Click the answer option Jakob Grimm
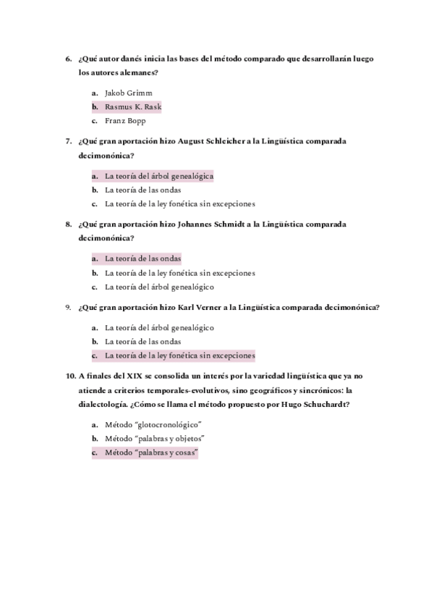coord(129,93)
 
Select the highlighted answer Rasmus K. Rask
coord(133,107)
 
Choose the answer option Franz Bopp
coord(125,121)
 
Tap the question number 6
coord(68,59)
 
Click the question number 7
coord(68,141)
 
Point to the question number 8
coord(68,224)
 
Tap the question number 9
coord(68,307)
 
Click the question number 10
coord(69,376)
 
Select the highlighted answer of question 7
coord(159,176)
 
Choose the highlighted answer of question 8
coord(142,258)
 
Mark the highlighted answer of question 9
coord(179,356)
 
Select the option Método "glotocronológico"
coord(153,424)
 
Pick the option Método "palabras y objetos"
coord(155,439)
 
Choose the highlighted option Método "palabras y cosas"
coord(151,453)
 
